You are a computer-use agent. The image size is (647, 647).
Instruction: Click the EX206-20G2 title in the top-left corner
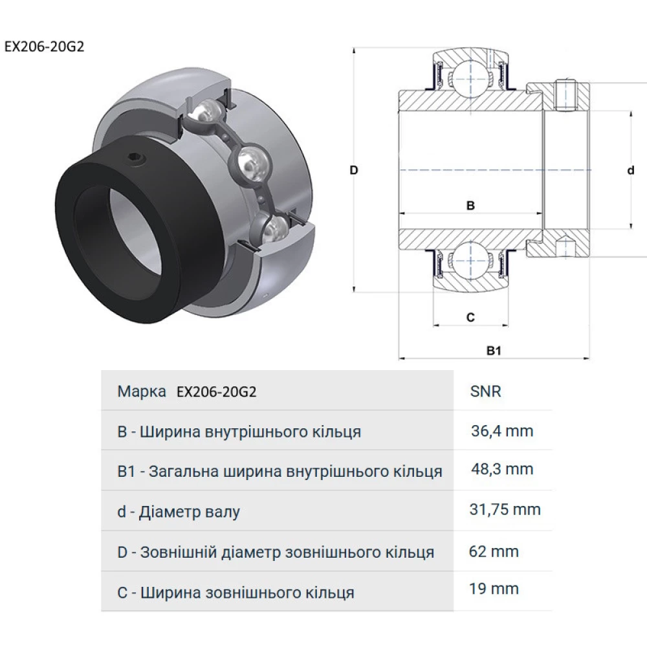coord(44,47)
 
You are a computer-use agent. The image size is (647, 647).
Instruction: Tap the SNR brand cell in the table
coord(486,391)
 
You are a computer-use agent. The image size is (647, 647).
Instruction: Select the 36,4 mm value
coord(503,431)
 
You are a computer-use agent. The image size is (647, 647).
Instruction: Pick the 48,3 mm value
coord(503,469)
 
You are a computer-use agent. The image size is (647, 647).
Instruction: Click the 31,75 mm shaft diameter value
coord(505,510)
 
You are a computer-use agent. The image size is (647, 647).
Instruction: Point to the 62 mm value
coord(494,551)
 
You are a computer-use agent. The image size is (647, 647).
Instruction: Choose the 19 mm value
coord(494,589)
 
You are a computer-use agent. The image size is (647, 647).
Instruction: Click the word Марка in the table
coord(142,391)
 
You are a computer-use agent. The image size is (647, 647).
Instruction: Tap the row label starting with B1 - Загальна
coord(280,471)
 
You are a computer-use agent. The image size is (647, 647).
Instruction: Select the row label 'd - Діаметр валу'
coord(179,512)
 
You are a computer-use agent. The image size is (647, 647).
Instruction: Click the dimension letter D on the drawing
coord(353,170)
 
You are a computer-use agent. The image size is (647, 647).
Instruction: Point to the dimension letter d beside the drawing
coord(631,170)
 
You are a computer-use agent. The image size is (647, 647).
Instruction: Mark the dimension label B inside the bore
coord(471,206)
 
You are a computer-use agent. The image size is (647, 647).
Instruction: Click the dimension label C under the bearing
coord(470,317)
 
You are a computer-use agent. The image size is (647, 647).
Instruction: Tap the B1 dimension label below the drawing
coord(495,350)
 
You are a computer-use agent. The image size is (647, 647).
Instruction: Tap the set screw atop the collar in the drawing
coord(565,94)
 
